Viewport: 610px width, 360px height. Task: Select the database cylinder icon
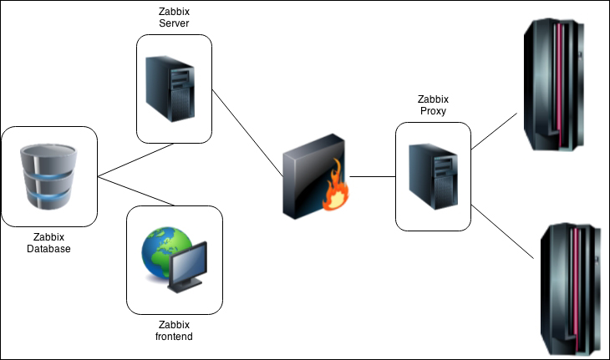click(x=48, y=175)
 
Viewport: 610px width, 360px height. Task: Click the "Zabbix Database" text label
click(x=48, y=243)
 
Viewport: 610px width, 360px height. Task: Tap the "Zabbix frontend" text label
click(x=175, y=330)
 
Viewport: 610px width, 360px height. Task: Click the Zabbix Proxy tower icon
click(x=433, y=175)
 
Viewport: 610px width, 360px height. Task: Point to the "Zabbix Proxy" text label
click(x=433, y=104)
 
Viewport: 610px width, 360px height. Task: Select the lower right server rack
click(x=572, y=288)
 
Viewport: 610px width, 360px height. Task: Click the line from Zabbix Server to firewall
click(x=248, y=133)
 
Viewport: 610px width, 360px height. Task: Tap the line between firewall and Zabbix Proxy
click(x=372, y=177)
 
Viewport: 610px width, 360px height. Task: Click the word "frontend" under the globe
click(x=175, y=336)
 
